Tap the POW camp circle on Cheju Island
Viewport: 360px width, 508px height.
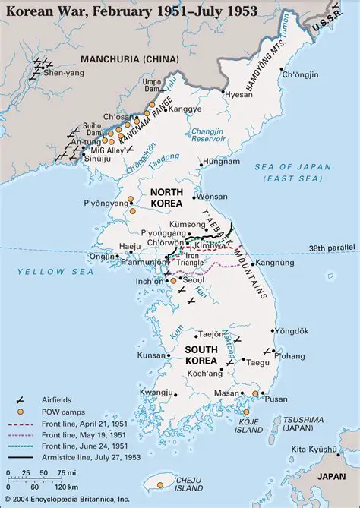point(160,482)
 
